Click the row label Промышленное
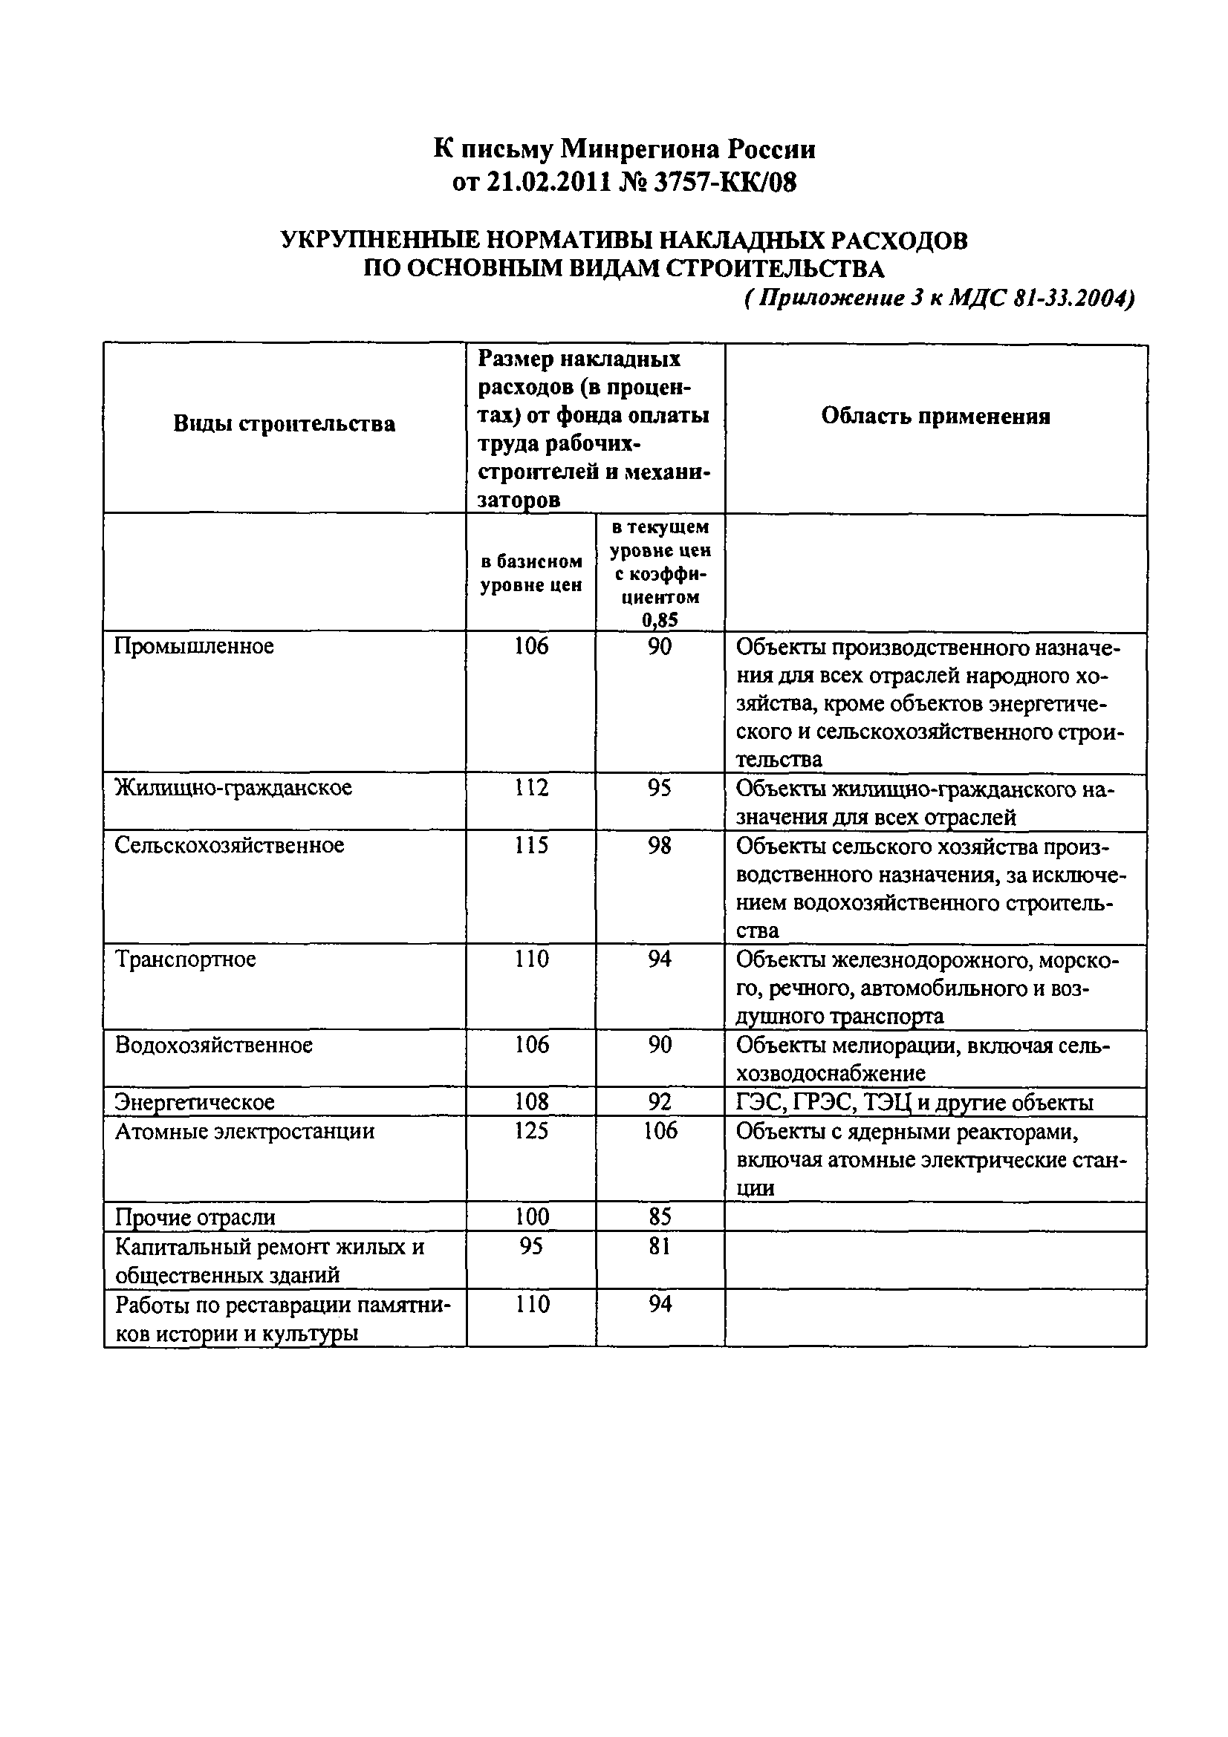pos(194,647)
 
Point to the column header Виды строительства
pos(285,423)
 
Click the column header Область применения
pos(936,416)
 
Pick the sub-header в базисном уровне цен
pos(531,573)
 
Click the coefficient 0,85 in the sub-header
pos(660,620)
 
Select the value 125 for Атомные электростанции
pos(531,1131)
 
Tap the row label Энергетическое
pos(195,1102)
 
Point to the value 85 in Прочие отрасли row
pos(660,1216)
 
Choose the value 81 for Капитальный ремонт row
pos(660,1246)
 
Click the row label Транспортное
pos(186,959)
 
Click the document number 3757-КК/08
pos(725,183)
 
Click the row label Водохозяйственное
pos(213,1046)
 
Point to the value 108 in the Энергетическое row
pos(531,1102)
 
